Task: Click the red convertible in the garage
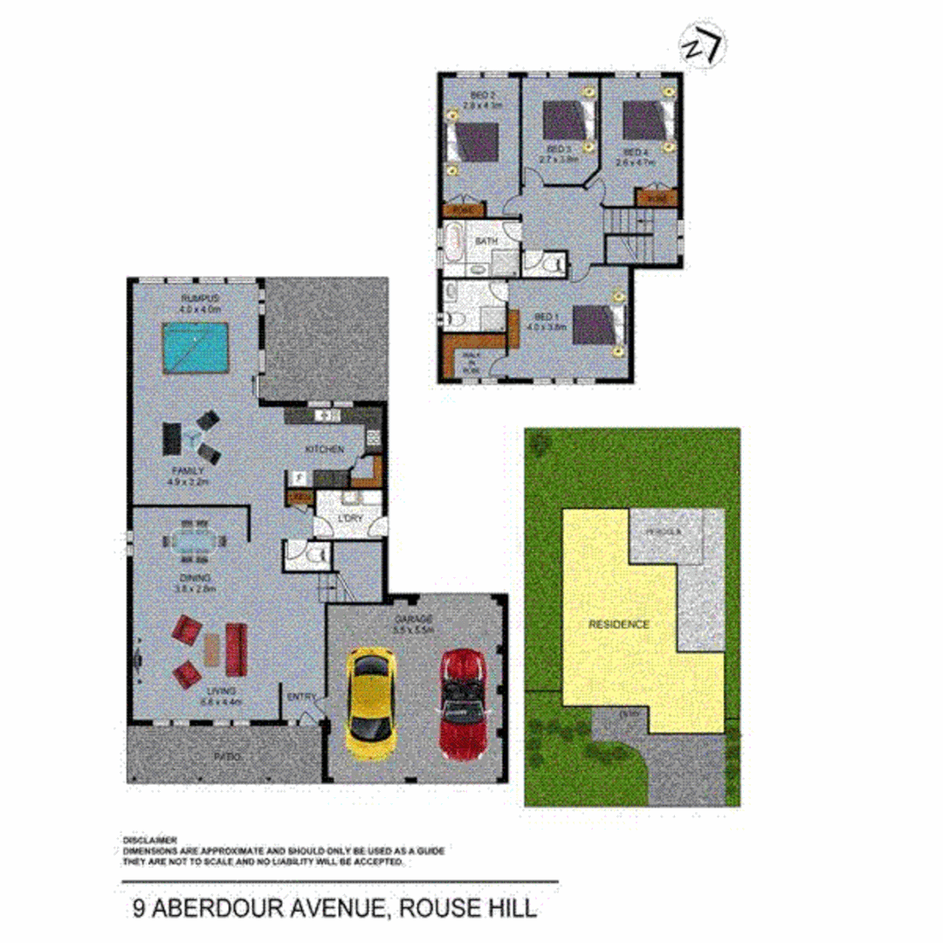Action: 461,703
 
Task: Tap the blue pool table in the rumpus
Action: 196,348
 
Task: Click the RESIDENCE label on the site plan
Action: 618,624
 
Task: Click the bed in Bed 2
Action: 474,141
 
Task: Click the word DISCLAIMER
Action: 150,839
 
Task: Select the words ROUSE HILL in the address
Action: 467,908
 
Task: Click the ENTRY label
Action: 301,696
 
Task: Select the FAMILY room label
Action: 189,470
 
